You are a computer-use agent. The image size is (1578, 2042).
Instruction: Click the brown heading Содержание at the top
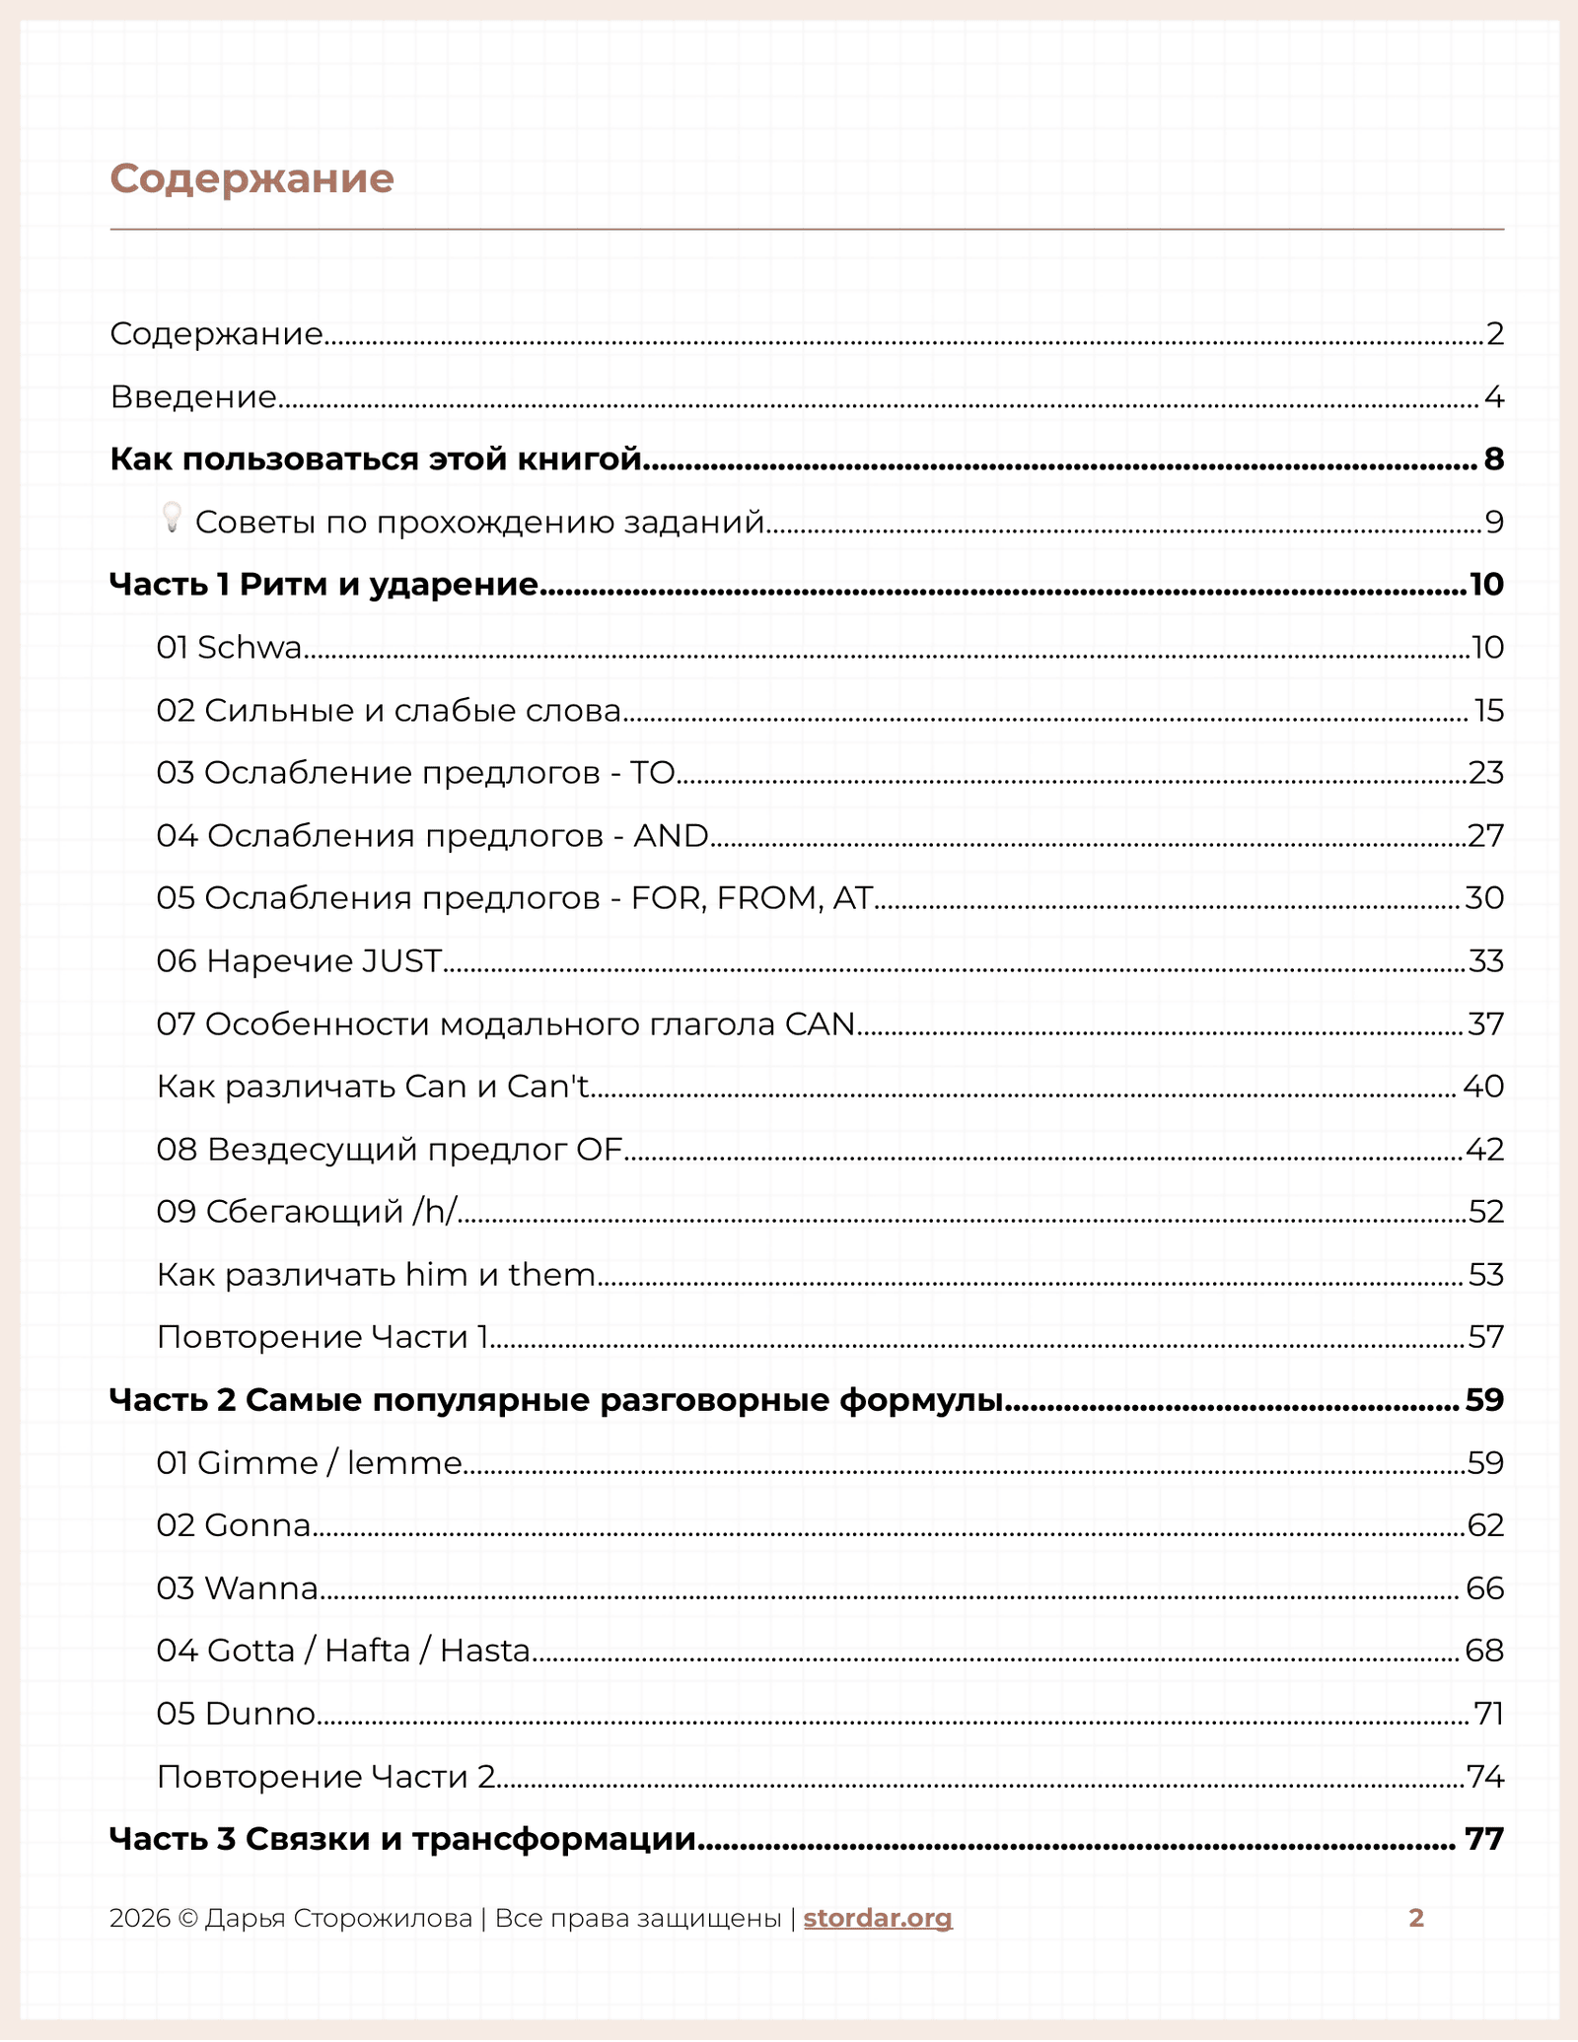251,178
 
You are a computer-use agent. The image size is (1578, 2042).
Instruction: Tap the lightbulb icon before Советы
172,518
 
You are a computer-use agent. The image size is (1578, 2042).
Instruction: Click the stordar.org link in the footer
878,1918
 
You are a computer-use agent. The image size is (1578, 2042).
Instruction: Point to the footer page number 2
1416,1918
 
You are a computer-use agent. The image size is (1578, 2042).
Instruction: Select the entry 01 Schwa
229,648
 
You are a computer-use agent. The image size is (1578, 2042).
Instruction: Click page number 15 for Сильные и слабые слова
1488,711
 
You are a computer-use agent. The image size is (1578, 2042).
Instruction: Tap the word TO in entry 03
652,773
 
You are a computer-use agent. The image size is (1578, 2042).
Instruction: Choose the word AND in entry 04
671,836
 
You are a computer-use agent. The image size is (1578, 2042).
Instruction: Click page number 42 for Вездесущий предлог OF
1485,1150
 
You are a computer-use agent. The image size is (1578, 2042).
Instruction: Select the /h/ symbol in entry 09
435,1212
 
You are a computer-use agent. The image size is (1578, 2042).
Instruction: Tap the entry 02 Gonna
234,1525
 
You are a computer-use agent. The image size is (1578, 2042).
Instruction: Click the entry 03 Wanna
237,1588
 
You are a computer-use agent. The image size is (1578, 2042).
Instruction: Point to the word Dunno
260,1714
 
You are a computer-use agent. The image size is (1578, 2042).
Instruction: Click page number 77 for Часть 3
1484,1839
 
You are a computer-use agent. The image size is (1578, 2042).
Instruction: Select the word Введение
193,397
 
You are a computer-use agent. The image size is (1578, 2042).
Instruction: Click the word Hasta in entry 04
485,1651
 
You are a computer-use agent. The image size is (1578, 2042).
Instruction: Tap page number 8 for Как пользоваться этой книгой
1493,459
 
